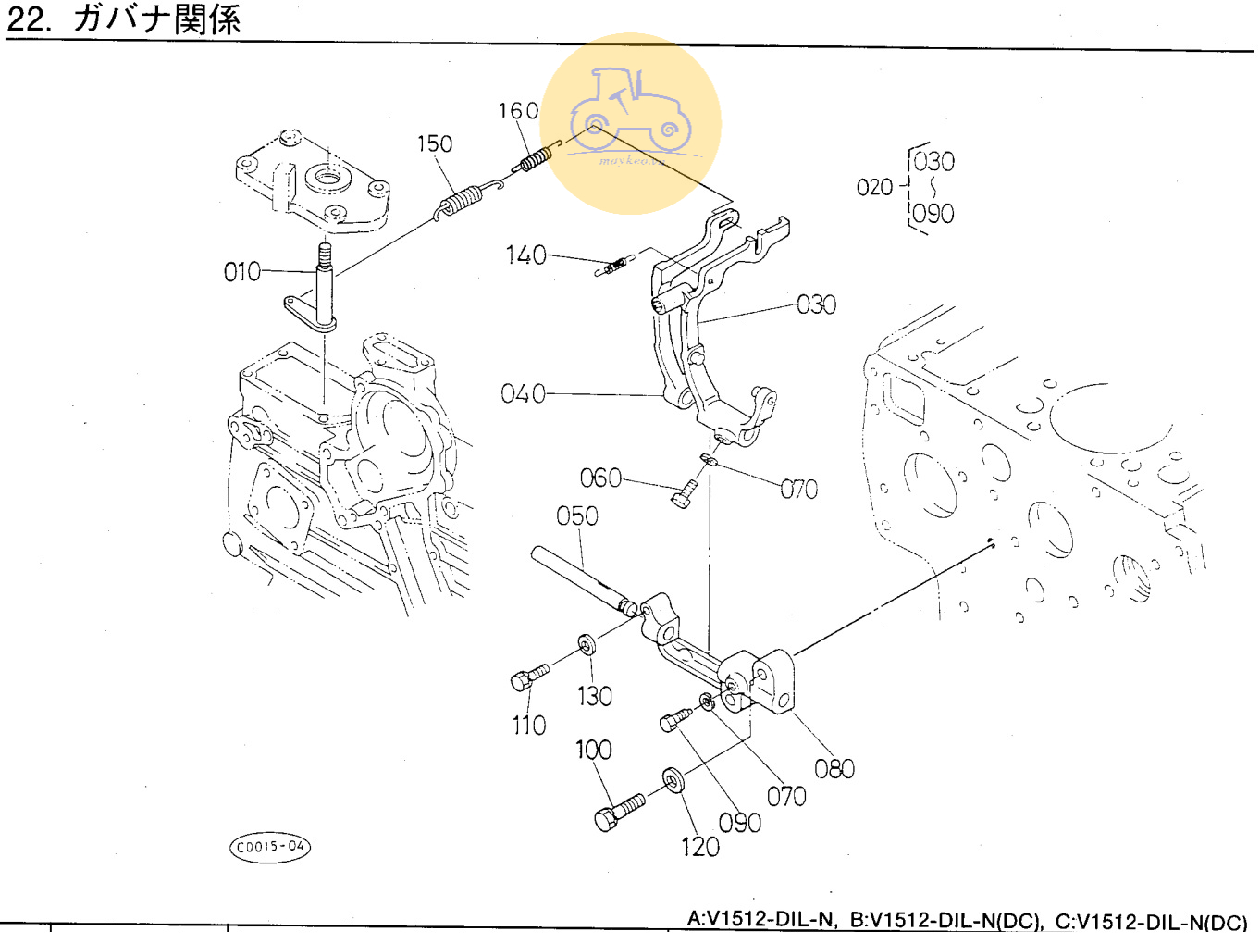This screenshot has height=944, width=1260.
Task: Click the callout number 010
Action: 242,272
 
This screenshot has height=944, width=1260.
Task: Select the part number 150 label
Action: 434,144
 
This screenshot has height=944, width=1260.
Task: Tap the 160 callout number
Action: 518,111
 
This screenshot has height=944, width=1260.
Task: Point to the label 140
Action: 525,255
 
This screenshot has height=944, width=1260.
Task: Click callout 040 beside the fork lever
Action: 523,394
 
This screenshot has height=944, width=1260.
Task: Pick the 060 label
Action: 600,478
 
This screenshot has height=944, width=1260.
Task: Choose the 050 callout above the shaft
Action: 576,515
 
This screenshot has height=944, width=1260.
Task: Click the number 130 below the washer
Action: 594,696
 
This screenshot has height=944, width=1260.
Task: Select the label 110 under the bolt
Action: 528,725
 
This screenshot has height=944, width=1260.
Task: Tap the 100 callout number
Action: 593,750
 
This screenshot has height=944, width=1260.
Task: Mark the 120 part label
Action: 699,847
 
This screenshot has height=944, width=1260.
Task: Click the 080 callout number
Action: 834,769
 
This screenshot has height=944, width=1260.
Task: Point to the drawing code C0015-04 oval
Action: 270,846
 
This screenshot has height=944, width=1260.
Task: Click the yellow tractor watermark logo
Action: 631,123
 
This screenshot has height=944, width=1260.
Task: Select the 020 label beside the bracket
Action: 874,188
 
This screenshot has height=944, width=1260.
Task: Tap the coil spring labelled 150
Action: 460,202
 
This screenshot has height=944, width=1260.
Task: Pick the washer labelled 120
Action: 673,780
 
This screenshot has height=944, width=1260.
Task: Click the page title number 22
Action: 29,20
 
